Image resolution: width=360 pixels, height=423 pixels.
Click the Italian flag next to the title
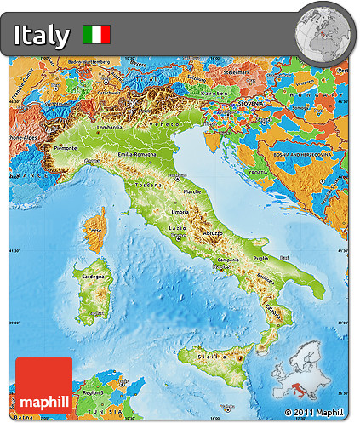(96, 35)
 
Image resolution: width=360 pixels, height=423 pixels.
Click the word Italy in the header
(42, 35)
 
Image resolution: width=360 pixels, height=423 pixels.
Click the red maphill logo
(43, 385)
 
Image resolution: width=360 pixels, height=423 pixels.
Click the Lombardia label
(111, 128)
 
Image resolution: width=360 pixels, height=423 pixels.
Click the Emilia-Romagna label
(136, 154)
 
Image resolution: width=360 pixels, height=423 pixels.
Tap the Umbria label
(180, 212)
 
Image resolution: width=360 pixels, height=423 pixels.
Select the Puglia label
(260, 257)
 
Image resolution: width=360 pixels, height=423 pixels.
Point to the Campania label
(227, 260)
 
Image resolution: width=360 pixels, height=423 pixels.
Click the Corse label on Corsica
(95, 230)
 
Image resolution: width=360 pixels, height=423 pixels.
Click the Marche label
(193, 191)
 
